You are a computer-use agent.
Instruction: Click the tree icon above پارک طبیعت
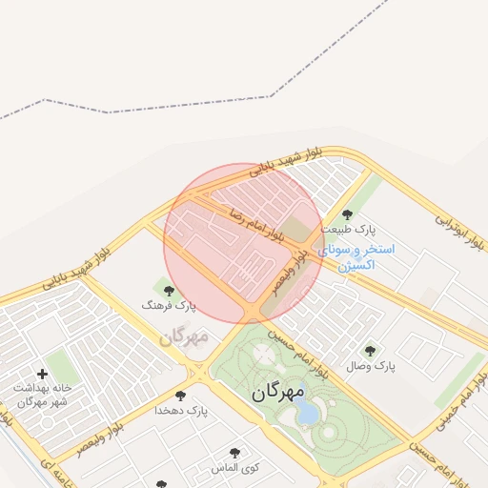pos(347,214)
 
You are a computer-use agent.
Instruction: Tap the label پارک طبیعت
pos(349,230)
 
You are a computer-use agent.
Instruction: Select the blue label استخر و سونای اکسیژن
pos(362,256)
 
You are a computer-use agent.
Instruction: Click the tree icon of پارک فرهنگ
pos(169,291)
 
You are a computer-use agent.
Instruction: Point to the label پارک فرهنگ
pos(168,306)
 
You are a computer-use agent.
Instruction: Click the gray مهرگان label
pos(183,336)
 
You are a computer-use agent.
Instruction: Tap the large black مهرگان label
pos(279,392)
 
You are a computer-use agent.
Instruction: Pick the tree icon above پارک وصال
pos(370,351)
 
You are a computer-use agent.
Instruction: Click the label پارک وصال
pos(371,366)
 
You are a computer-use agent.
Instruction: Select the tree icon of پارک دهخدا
pos(180,396)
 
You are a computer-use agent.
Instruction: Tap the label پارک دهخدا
pos(181,411)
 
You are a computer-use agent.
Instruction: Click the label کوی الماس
pos(234,468)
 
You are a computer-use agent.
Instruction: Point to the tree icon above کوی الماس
pos(234,453)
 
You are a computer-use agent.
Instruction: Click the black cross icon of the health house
pos(41,374)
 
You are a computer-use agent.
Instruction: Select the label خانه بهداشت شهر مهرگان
pos(42,396)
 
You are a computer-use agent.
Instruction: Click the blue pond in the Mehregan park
pos(307,413)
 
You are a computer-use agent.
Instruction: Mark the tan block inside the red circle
pos(298,230)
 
